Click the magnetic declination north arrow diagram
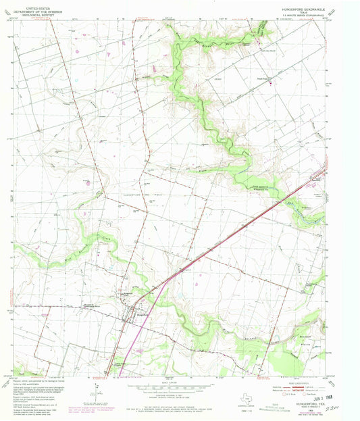click(99, 390)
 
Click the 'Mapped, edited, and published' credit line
click(27, 383)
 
